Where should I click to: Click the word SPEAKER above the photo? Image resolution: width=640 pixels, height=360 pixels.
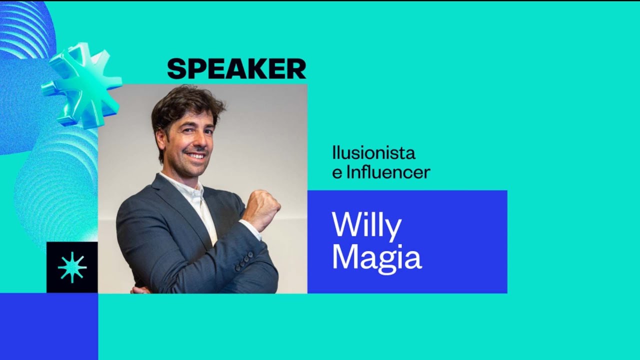click(236, 69)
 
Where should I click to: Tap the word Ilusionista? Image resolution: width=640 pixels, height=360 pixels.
click(373, 152)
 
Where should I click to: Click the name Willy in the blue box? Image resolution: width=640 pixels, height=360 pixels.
click(366, 226)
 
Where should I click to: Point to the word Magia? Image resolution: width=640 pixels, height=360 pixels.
click(376, 258)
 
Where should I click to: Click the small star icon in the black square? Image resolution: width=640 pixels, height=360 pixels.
click(72, 267)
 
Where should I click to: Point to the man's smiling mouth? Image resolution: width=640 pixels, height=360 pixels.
click(195, 156)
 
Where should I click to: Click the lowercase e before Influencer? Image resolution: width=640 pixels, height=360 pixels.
click(336, 173)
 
